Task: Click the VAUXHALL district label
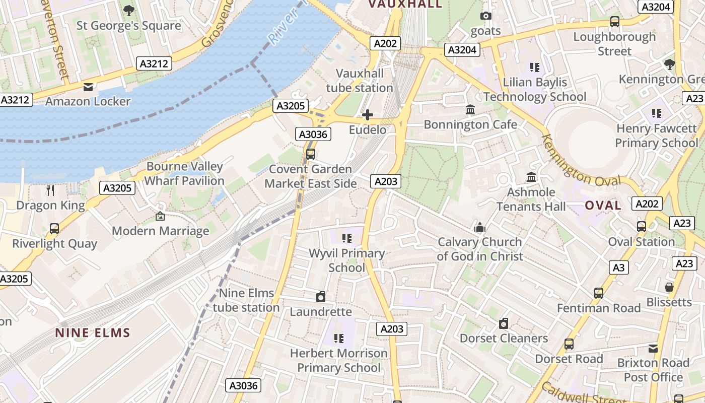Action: coord(405,5)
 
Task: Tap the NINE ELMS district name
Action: coord(93,333)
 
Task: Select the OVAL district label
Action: coord(603,206)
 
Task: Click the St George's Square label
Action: coord(128,26)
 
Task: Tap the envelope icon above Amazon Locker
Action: coord(88,87)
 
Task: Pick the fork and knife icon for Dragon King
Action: coord(50,190)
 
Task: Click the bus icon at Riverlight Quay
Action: coord(54,229)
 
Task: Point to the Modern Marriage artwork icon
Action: coord(160,216)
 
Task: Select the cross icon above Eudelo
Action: coord(368,115)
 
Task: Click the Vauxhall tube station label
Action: coord(360,81)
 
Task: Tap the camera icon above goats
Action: coord(486,16)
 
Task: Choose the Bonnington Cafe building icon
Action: coord(470,109)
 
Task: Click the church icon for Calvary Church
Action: coord(480,227)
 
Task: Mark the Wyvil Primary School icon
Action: coord(346,238)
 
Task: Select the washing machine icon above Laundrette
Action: coord(321,297)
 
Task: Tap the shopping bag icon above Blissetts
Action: coord(669,287)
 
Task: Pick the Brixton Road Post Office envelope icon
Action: coord(653,348)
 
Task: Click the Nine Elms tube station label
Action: coord(246,300)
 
